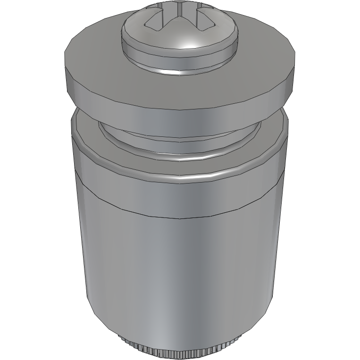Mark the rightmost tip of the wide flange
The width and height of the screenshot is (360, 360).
pyautogui.click(x=297, y=57)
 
